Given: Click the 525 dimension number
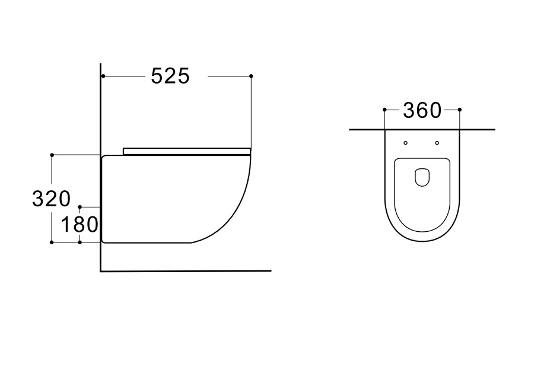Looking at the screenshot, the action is (170, 76).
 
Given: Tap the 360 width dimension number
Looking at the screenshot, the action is (422, 110).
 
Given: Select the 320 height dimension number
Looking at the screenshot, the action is (51, 199).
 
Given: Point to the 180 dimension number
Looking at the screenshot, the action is (79, 224).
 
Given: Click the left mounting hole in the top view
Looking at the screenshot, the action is (405, 143).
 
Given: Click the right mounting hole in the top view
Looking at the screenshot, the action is (437, 143).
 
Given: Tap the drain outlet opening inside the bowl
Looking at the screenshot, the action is (422, 177).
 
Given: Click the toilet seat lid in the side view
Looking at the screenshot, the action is (187, 151).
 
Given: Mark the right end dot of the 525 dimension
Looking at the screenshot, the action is (251, 76).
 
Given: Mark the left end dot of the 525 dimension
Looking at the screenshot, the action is (103, 76).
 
